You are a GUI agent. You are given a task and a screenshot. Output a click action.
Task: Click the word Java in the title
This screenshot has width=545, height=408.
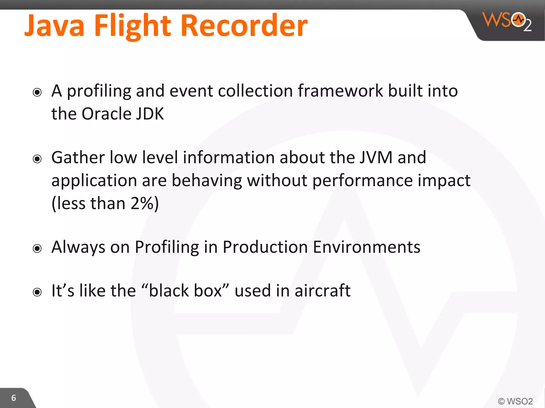[x=54, y=26]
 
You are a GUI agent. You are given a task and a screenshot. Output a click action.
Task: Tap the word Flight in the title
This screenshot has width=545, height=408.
[x=132, y=26]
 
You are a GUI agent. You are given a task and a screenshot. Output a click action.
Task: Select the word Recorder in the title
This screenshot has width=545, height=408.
[x=244, y=26]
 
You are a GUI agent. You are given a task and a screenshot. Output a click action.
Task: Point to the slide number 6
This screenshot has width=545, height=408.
[x=14, y=398]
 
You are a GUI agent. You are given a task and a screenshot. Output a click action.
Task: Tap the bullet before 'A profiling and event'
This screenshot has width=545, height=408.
[x=37, y=92]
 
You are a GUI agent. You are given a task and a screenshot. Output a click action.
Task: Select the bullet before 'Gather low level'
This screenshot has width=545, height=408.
[x=37, y=159]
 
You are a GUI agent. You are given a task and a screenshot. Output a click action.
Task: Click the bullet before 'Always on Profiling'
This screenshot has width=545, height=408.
[x=37, y=249]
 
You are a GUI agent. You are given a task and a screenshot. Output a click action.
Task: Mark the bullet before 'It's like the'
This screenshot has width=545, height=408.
[x=37, y=292]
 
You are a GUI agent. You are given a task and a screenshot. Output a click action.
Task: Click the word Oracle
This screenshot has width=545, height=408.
[x=106, y=114]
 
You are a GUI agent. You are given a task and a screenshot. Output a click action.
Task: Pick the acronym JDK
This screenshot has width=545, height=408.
[x=150, y=114]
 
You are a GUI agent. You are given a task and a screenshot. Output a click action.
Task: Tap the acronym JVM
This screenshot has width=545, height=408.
[x=376, y=157]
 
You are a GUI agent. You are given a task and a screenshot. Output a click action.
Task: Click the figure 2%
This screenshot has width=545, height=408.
[x=141, y=203]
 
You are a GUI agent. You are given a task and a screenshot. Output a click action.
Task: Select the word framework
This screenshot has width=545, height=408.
[x=340, y=91]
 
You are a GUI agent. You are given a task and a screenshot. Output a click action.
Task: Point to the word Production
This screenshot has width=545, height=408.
[x=265, y=247]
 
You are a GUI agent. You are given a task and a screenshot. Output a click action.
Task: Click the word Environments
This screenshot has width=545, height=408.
[x=366, y=247]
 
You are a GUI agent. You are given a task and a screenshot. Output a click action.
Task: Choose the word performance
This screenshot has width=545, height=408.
[x=362, y=181]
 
